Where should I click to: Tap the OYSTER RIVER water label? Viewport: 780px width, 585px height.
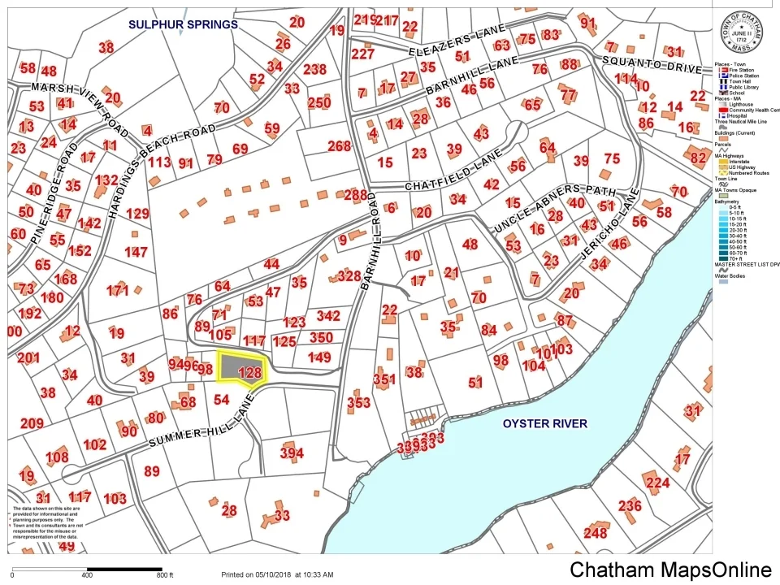pyautogui.click(x=544, y=423)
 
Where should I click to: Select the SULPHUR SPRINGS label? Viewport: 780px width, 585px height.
pyautogui.click(x=183, y=24)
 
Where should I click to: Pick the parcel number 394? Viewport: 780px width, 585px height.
pyautogui.click(x=292, y=453)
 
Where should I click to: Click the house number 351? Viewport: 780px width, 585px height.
pyautogui.click(x=383, y=379)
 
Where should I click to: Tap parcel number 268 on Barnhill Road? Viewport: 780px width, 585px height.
pyautogui.click(x=339, y=146)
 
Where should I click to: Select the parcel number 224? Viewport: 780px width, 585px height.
pyautogui.click(x=657, y=483)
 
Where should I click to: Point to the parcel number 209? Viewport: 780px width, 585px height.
pyautogui.click(x=32, y=422)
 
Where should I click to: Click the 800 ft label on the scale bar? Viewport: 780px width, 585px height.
pyautogui.click(x=165, y=575)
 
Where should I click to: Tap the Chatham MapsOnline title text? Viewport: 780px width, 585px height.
pyautogui.click(x=670, y=570)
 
